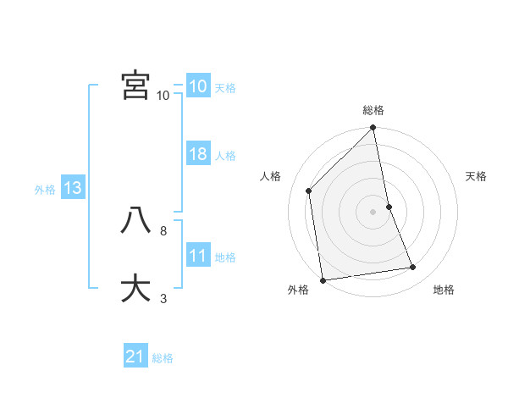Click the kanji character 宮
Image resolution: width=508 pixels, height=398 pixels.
coord(135,85)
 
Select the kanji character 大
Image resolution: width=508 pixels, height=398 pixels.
coord(135,288)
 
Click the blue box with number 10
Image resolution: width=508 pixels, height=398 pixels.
coord(197,86)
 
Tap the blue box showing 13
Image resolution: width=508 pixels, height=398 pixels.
coord(72,189)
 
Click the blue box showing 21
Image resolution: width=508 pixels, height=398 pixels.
coord(135,357)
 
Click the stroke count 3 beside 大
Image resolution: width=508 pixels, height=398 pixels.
coord(163,298)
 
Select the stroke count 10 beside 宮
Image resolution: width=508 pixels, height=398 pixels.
coord(163,95)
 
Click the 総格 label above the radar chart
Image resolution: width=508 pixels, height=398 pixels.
coord(373,110)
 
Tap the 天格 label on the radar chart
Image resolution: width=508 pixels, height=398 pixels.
coord(476,176)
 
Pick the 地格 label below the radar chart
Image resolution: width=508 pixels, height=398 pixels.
coord(444,290)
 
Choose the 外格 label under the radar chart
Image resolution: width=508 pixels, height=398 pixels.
coord(298,290)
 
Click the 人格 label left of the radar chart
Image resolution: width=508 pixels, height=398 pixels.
coord(271,176)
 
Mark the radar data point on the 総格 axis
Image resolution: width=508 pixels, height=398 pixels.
coord(373,129)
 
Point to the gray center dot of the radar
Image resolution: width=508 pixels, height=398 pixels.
coord(373,212)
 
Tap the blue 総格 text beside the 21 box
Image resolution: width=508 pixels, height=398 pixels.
coord(163,358)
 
